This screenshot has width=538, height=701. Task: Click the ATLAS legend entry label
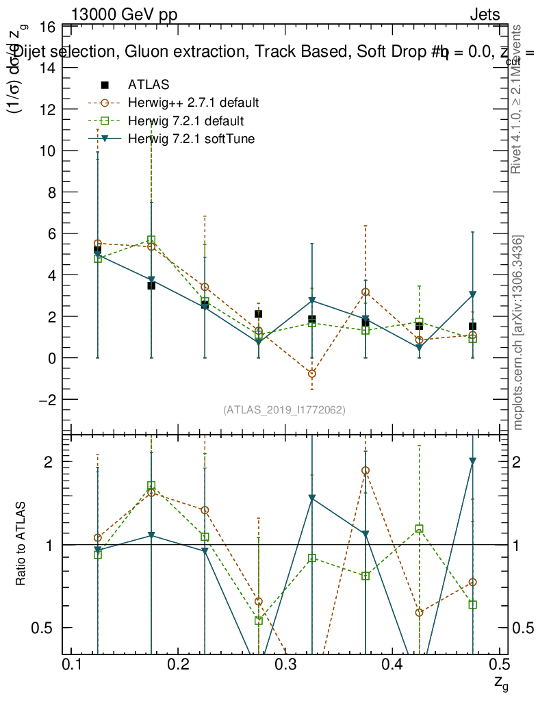(x=149, y=85)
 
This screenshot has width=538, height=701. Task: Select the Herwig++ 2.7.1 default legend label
(x=193, y=103)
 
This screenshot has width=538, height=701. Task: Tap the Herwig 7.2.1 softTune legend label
(x=191, y=139)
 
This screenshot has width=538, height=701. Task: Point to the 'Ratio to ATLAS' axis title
(x=21, y=545)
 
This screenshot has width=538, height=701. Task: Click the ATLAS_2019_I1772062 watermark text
(x=284, y=410)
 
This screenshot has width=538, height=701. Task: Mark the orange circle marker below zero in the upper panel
(x=312, y=374)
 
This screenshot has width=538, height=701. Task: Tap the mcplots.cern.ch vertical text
(x=518, y=333)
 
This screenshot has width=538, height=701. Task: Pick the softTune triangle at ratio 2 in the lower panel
(x=472, y=461)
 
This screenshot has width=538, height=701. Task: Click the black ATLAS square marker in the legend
(x=105, y=85)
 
